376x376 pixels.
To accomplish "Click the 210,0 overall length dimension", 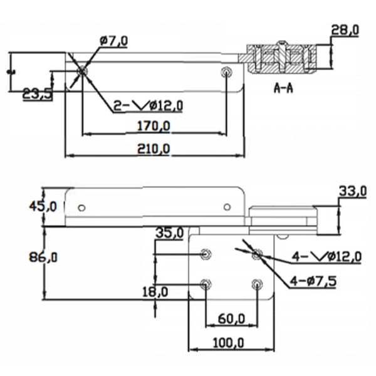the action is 154,149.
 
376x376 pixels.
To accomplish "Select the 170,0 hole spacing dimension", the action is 154,126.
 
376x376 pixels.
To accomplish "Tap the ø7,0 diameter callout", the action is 113,41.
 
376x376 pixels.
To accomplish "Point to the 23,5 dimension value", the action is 37,94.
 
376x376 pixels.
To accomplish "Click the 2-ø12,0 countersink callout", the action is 148,105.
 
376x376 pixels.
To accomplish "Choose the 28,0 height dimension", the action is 345,30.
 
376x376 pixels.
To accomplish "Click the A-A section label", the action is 283,88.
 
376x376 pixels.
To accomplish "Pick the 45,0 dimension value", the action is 43,206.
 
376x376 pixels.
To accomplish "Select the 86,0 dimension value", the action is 43,258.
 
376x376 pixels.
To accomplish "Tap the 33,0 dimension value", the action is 353,191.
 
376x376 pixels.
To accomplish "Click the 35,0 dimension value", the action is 170,232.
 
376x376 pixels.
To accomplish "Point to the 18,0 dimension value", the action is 155,292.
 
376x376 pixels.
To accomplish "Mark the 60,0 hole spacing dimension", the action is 231,319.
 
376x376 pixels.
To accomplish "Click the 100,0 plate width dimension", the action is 228,343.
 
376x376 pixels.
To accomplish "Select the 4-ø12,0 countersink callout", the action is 326,256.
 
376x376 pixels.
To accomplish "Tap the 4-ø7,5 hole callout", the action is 313,281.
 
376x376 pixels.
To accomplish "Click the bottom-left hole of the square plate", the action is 206,284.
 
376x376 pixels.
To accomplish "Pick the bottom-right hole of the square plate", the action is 257,285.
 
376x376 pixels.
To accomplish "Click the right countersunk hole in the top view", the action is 226,72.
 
